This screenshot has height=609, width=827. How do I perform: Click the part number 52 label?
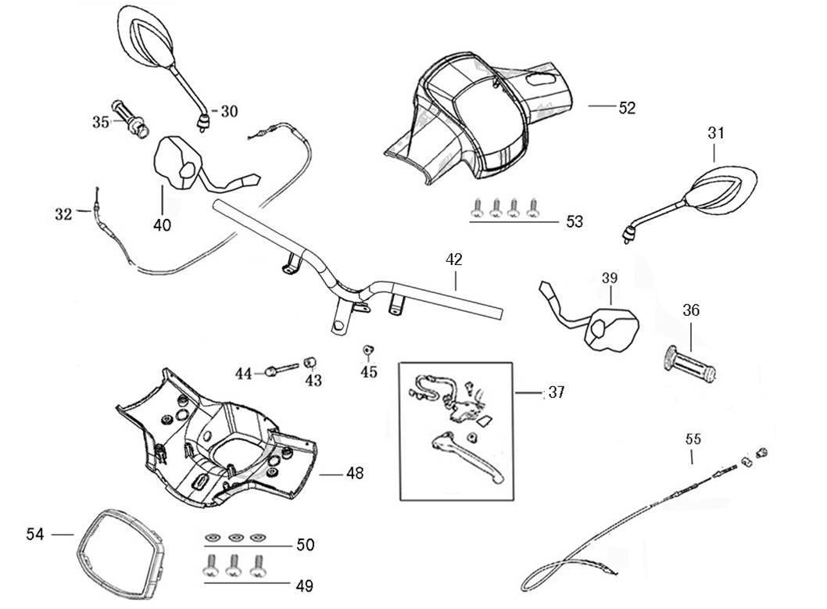point(627,109)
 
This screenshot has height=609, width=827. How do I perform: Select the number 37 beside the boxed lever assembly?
point(555,392)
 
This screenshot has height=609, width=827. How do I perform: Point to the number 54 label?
point(34,534)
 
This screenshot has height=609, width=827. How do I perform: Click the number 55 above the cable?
point(693,439)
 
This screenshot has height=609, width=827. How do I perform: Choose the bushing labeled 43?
point(311,361)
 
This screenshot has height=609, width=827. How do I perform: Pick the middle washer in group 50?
point(235,538)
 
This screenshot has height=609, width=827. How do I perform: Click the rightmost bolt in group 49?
point(256,564)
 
